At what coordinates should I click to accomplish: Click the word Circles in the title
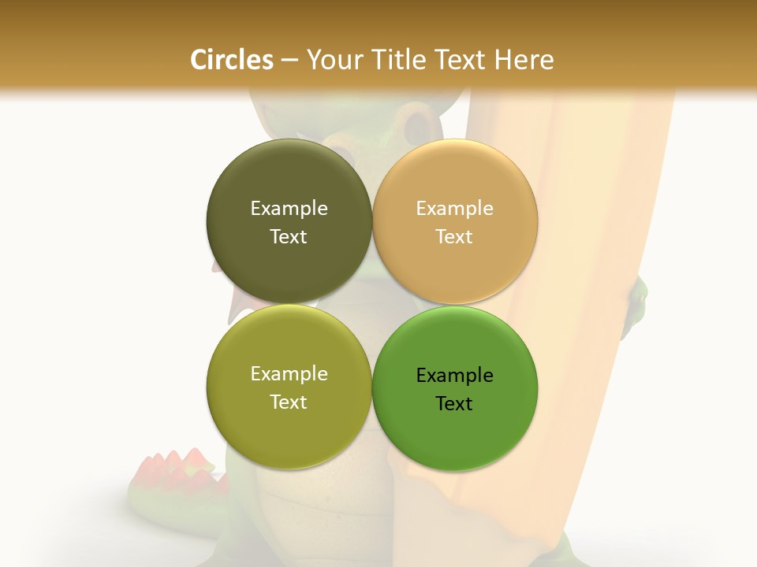point(232,60)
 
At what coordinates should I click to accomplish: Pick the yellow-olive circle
point(289,429)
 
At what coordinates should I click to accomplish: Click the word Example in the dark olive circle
point(289,209)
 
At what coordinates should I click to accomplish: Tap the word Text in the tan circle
point(454,237)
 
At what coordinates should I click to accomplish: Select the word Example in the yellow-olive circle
point(289,374)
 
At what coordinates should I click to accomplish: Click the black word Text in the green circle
point(454,404)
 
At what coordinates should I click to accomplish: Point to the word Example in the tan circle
point(454,209)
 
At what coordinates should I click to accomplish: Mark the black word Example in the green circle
point(454,376)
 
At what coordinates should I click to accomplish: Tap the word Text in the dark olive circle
point(289,237)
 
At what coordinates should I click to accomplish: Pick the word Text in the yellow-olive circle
point(289,402)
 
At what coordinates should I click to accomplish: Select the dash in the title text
point(289,61)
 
